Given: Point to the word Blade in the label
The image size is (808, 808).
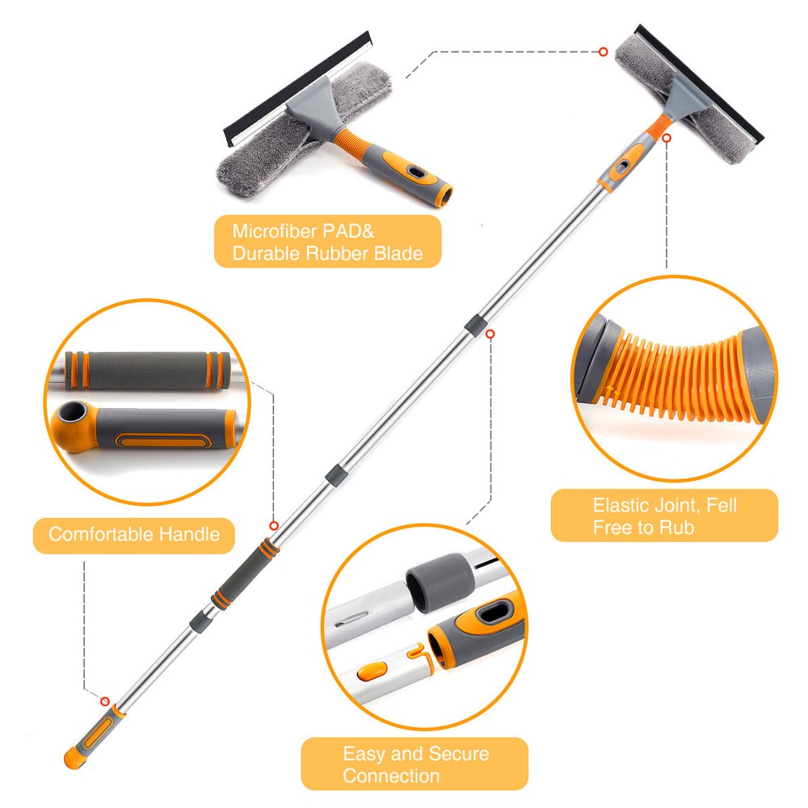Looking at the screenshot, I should point(398,254).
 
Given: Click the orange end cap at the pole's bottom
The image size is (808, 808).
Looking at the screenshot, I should point(74,759).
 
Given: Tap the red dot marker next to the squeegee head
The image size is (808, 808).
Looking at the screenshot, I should point(603,52).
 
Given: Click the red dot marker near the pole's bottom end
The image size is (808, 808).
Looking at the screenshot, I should point(105,700).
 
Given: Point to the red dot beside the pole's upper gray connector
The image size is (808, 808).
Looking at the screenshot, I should point(490,332).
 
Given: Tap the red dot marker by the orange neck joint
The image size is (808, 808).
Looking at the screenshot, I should point(667,139).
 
